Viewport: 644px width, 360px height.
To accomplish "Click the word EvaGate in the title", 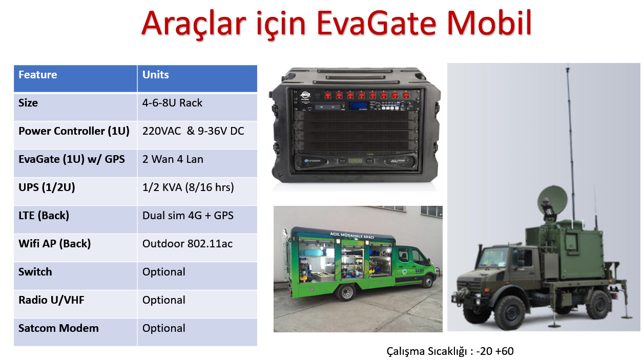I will pos(377,24).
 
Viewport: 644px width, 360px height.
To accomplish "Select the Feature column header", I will pos(38,75).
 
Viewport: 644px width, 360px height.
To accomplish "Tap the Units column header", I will pos(156,75).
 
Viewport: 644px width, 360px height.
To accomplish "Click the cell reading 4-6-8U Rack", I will pos(172,103).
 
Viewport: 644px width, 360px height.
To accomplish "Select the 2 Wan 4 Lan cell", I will pos(173,159).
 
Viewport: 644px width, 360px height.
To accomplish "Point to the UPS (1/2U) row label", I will pos(47,187).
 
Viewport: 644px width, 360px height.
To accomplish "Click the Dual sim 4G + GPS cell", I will pos(188,216).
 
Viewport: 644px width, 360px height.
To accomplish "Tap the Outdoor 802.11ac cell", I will pos(187,244).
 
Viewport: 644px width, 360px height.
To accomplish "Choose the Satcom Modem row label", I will pos(58,328).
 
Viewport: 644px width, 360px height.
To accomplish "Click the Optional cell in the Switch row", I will pos(164,272).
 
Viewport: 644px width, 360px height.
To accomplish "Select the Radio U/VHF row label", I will pos(51,300).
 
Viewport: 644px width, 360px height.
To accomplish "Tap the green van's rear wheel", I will pos(345,292).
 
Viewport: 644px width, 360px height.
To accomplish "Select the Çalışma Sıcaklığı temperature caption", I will pos(449,351).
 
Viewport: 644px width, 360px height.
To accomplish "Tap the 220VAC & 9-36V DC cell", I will pos(193,131).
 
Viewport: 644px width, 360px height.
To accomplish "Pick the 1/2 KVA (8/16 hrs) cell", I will pos(188,187).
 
